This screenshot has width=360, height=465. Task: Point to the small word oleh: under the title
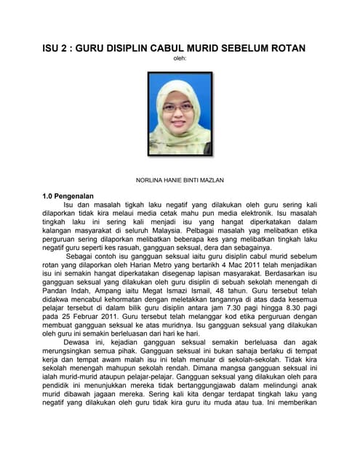[x=180, y=60]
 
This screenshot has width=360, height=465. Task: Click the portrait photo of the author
[x=180, y=116]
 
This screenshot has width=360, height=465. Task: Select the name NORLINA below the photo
[x=150, y=179]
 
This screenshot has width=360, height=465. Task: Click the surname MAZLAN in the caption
[x=209, y=179]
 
